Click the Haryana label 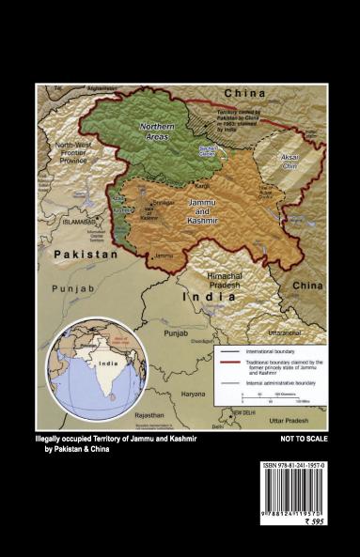(x=192, y=394)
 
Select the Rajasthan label (x=149, y=413)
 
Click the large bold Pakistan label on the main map (x=85, y=255)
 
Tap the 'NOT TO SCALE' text (x=304, y=439)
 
